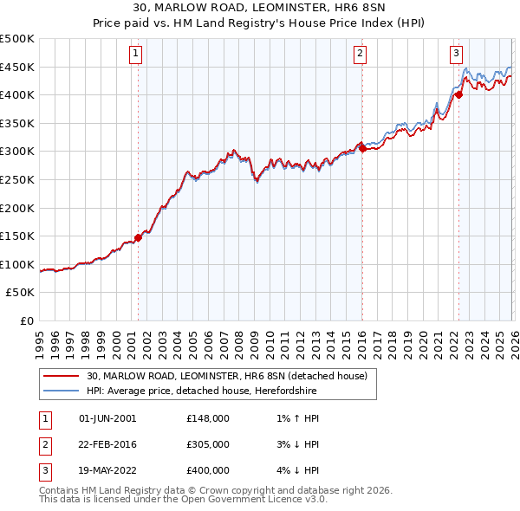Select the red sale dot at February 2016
[x=361, y=148]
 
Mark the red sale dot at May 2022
[x=458, y=95]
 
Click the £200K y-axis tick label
[x=18, y=208]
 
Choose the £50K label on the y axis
[x=22, y=293]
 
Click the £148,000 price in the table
[x=208, y=417]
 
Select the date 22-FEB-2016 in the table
[x=107, y=443]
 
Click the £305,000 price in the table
[x=208, y=443]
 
